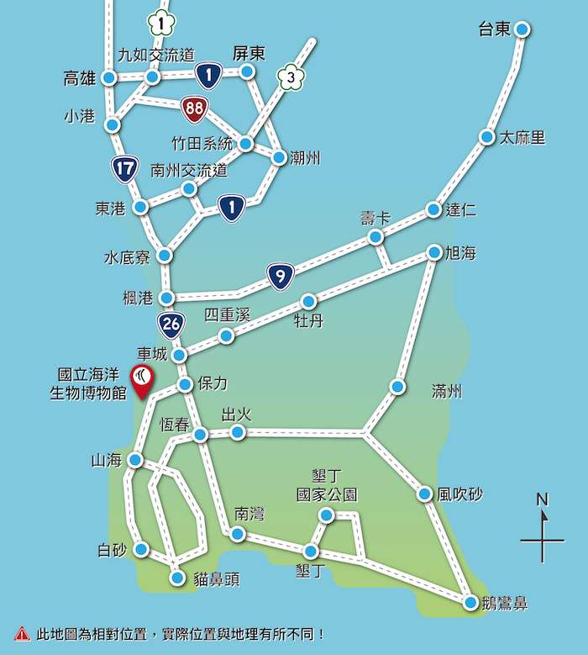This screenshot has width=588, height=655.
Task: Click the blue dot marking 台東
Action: click(522, 29)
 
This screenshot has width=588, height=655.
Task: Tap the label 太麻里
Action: click(522, 138)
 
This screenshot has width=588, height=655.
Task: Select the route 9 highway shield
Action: click(281, 276)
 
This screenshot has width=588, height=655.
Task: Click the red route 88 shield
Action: click(193, 108)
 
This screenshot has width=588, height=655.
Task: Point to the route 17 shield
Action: click(125, 169)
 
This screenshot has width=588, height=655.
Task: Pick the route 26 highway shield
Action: click(171, 324)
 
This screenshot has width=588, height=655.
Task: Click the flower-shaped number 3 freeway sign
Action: click(290, 78)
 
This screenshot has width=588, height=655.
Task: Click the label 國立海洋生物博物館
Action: click(91, 384)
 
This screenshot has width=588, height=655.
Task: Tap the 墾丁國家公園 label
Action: click(328, 485)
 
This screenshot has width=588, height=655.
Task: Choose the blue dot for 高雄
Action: click(109, 78)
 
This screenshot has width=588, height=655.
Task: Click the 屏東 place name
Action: click(249, 53)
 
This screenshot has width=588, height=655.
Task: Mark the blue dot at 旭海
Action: click(434, 252)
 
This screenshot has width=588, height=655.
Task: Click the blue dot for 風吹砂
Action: click(425, 494)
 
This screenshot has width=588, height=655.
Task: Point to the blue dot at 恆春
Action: click(200, 435)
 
